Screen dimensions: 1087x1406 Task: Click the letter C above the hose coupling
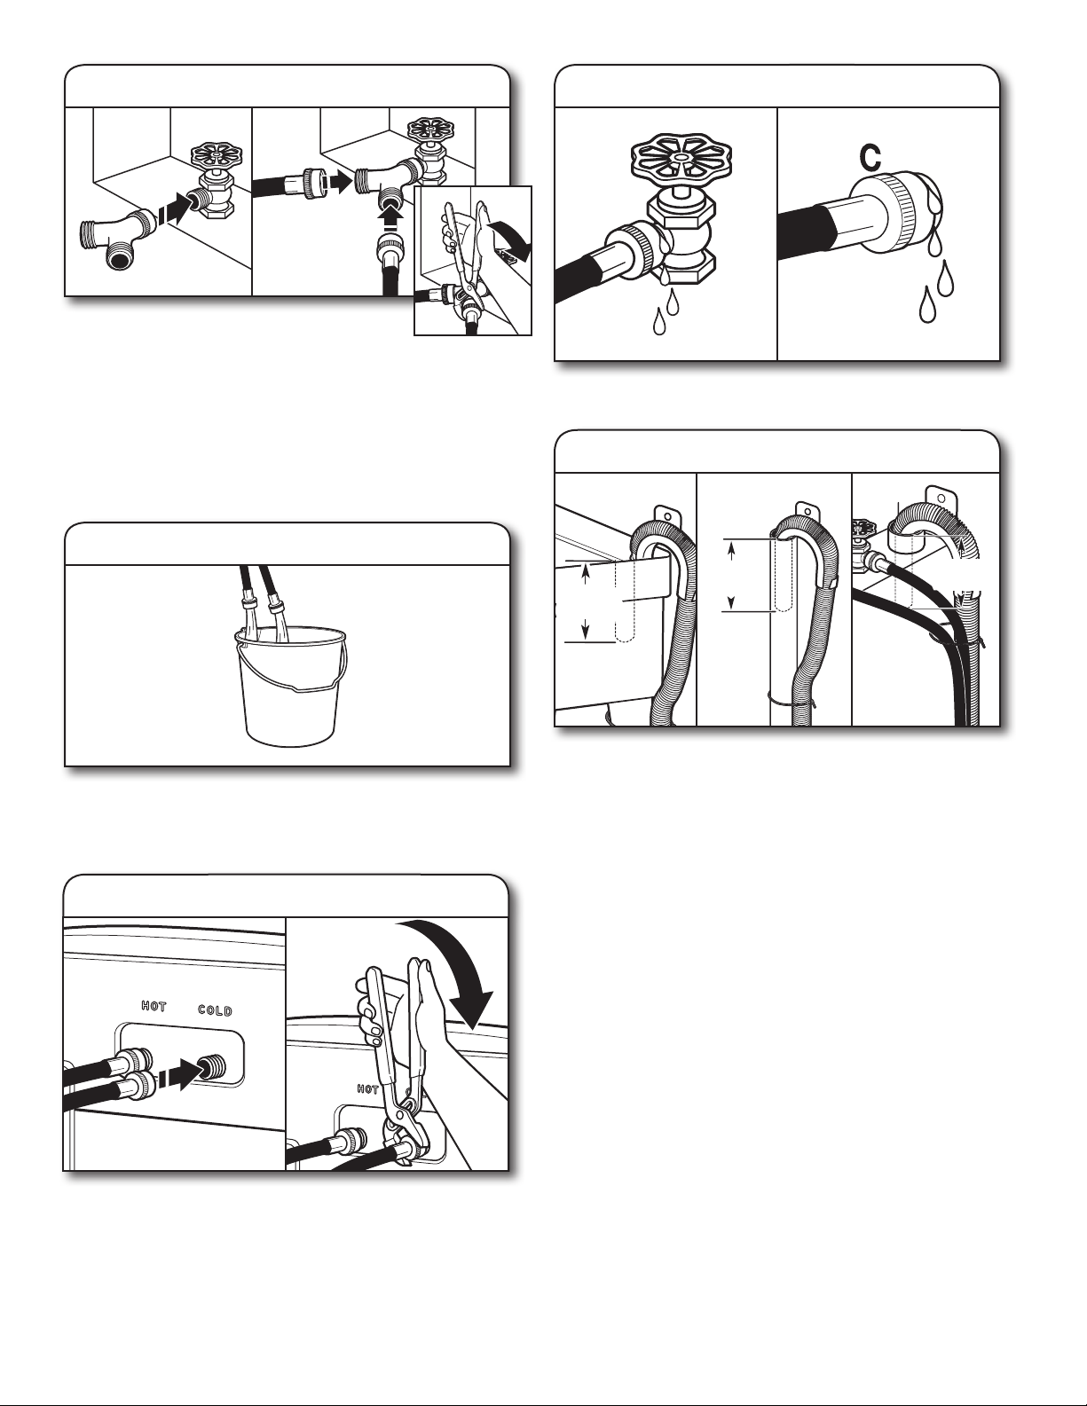tap(870, 157)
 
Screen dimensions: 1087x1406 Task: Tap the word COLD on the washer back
tap(215, 1010)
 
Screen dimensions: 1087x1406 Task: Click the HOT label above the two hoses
tap(154, 1006)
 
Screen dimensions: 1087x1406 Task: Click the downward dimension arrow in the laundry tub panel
tap(585, 628)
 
